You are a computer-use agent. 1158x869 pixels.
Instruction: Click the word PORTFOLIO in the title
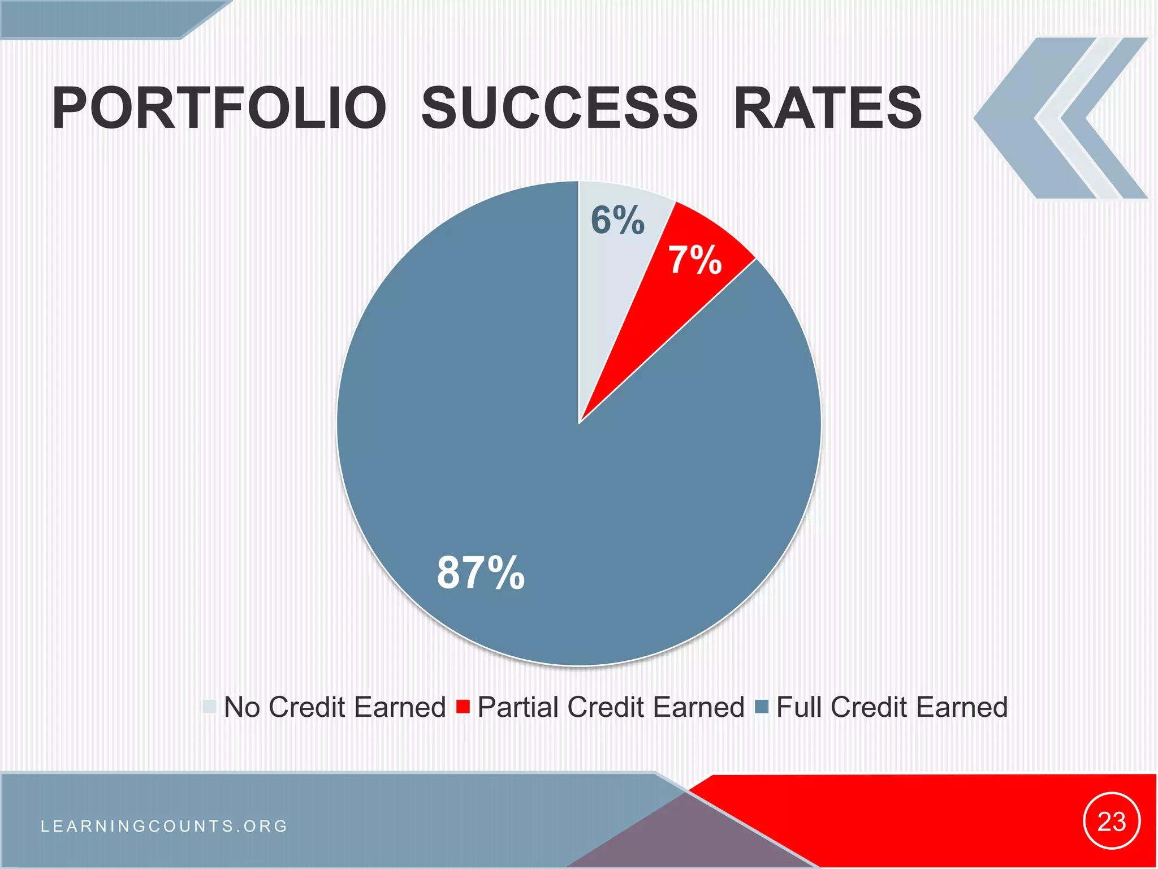[219, 107]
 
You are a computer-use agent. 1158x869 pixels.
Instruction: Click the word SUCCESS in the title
[560, 107]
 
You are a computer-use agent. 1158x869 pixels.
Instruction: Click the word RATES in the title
[827, 107]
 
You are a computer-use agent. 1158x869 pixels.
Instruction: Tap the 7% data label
[695, 260]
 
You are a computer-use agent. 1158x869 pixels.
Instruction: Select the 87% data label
[481, 573]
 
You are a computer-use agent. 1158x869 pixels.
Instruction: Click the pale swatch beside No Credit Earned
[210, 707]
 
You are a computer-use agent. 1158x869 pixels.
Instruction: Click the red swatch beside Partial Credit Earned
[463, 707]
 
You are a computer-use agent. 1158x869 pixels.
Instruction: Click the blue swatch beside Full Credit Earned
[762, 707]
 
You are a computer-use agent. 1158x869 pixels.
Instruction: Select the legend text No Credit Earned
[335, 707]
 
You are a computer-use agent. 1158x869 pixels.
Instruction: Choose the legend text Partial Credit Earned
[611, 707]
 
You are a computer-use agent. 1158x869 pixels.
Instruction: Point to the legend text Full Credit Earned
[892, 707]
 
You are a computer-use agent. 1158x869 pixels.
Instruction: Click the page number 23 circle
[1112, 821]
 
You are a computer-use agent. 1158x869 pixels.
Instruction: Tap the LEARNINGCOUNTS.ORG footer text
[165, 826]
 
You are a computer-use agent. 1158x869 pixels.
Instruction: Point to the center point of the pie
[579, 423]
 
